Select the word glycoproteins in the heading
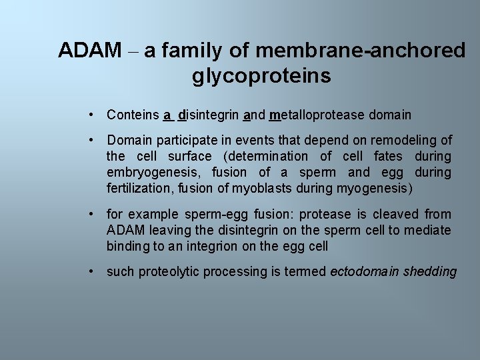coord(261,76)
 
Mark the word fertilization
coord(140,188)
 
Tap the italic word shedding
coord(431,271)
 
